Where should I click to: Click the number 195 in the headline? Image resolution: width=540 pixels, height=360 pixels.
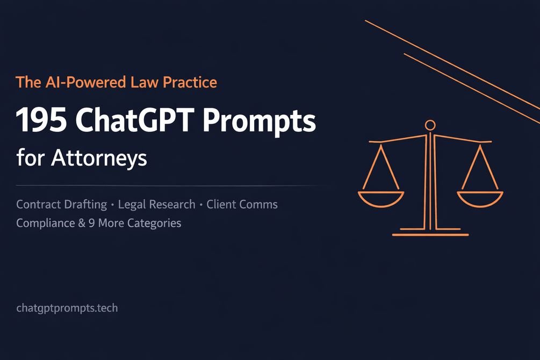(x=41, y=120)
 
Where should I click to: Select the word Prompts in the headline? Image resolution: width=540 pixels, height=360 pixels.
(x=259, y=121)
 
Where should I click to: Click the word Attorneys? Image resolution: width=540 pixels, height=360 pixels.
(x=99, y=159)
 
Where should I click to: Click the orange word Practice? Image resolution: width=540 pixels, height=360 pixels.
(x=190, y=82)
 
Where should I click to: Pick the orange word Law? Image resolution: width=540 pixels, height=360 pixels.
(x=145, y=82)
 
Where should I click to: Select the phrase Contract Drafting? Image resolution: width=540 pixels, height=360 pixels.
(x=62, y=205)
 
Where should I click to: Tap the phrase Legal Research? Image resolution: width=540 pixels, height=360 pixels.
(x=157, y=205)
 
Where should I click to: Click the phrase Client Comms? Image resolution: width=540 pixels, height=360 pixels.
(x=242, y=205)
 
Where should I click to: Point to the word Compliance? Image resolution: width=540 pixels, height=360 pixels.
(x=46, y=223)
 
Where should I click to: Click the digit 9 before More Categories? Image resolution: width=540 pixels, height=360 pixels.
(x=91, y=223)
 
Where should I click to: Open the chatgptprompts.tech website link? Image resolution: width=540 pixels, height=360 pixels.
(x=67, y=308)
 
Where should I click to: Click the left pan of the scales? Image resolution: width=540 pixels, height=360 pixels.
(x=381, y=199)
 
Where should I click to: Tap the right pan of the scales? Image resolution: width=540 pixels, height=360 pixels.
(x=480, y=199)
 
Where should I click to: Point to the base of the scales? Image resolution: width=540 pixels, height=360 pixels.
(x=430, y=235)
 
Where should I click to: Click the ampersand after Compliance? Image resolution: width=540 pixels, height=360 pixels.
(x=82, y=223)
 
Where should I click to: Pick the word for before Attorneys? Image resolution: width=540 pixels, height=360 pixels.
(x=31, y=158)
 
